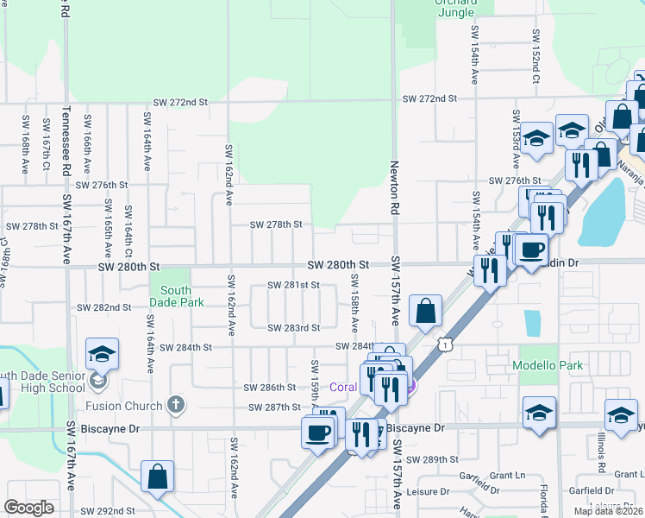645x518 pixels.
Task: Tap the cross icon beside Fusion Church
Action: [x=176, y=405]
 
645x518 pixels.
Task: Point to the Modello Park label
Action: [x=548, y=365]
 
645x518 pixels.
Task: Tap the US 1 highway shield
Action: [x=443, y=344]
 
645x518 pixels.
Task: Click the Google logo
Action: [x=28, y=508]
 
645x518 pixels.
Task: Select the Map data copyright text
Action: [x=608, y=511]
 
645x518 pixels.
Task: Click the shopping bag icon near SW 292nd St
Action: [x=158, y=476]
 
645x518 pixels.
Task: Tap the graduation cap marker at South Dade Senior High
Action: [x=102, y=354]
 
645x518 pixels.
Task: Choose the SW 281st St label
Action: [x=293, y=285]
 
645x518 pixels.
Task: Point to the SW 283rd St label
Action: [x=293, y=328]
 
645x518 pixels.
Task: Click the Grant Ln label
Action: [x=507, y=475]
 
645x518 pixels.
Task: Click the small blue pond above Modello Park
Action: [x=532, y=322]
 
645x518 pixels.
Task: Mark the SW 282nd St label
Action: [x=103, y=307]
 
